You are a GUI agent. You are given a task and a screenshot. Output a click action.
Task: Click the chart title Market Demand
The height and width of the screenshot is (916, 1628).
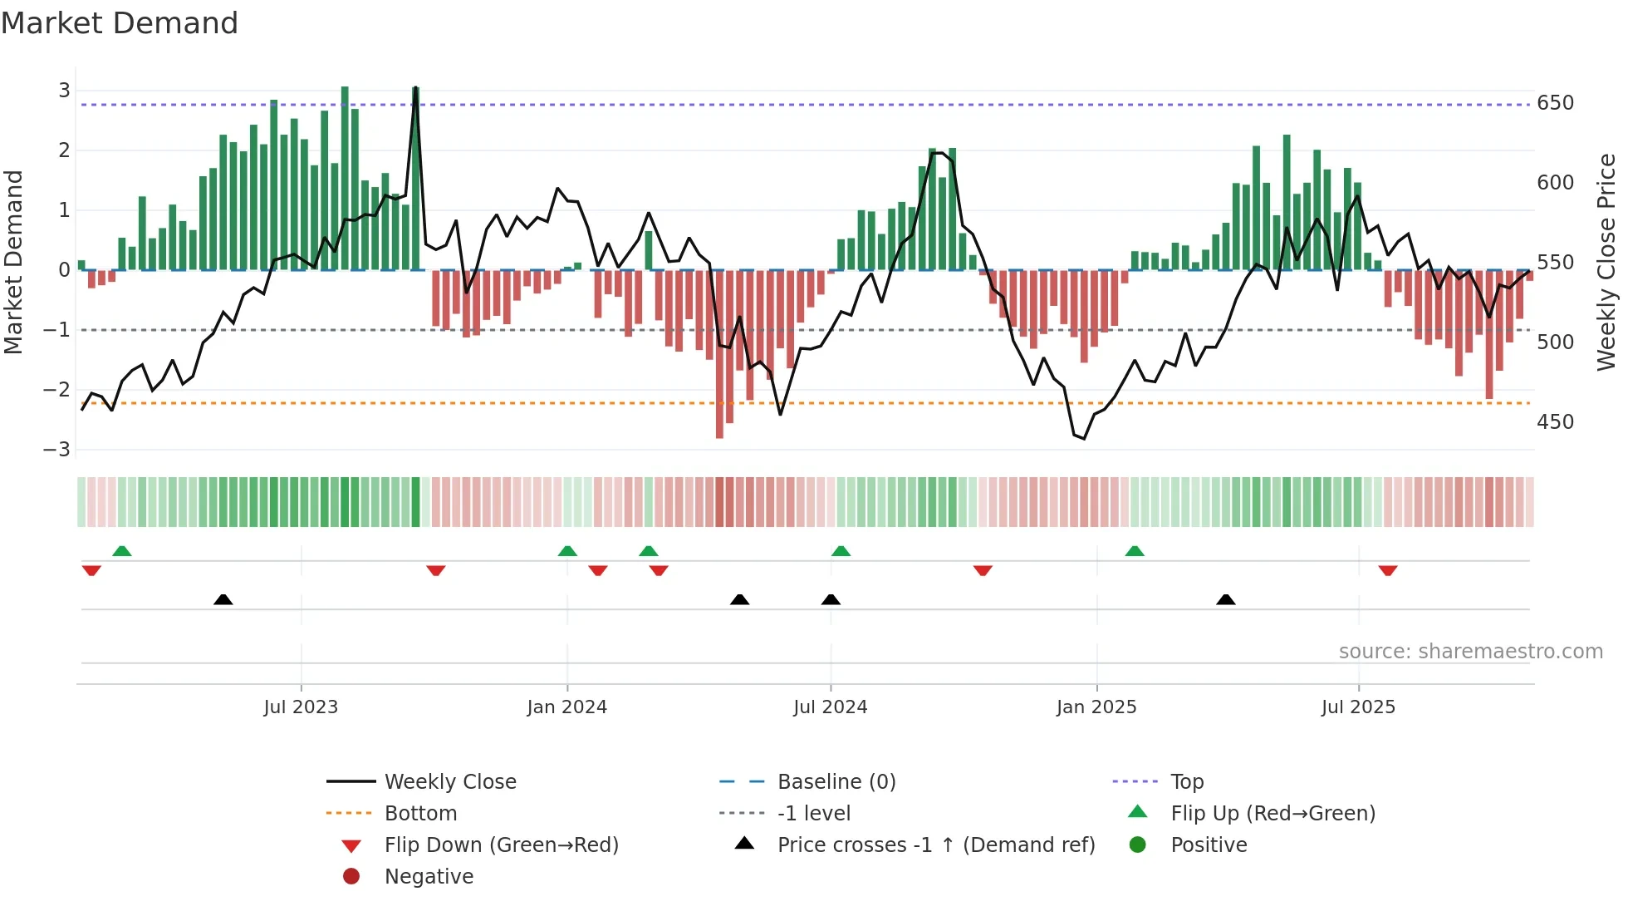tap(120, 22)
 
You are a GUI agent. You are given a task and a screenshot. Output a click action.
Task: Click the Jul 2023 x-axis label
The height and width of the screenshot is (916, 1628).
tap(301, 707)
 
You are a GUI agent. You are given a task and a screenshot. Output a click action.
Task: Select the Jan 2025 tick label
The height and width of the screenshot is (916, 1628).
tap(1096, 707)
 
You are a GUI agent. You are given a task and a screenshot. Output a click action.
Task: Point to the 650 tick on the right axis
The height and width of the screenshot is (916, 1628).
tap(1555, 103)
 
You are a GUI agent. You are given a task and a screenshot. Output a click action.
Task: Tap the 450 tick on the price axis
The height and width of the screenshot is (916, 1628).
tap(1555, 422)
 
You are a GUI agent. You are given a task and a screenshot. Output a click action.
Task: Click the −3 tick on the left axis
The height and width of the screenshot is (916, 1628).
tap(57, 450)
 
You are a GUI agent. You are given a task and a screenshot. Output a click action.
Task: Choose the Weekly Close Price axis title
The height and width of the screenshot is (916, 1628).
tap(1606, 262)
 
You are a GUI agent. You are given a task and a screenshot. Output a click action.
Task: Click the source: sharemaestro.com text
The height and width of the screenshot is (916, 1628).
tap(1470, 652)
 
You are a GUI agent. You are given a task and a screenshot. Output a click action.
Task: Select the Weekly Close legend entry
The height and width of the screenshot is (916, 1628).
tap(449, 782)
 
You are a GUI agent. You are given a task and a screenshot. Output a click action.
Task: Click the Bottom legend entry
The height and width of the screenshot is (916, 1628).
tap(420, 814)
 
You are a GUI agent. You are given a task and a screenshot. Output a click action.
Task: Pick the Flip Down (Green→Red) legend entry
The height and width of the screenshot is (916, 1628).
tap(501, 845)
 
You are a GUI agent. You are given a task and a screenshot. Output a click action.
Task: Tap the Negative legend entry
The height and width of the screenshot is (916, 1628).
tap(429, 877)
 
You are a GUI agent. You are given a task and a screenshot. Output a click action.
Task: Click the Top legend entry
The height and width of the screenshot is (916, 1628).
tap(1187, 782)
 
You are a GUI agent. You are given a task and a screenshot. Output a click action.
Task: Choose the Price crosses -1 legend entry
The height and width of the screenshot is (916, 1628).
tap(935, 845)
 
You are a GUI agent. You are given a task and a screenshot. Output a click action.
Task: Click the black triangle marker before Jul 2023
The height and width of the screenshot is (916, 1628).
tap(223, 599)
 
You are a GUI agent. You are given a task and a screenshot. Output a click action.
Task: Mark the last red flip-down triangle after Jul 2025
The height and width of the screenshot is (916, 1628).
tap(1387, 571)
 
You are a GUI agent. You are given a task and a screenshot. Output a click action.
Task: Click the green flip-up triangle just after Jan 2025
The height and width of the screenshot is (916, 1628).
tap(1135, 551)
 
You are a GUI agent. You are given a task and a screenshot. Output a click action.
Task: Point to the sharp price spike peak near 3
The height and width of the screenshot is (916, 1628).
tap(415, 88)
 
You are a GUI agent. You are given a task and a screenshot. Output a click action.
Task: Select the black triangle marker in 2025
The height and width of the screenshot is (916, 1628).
tap(1225, 599)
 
